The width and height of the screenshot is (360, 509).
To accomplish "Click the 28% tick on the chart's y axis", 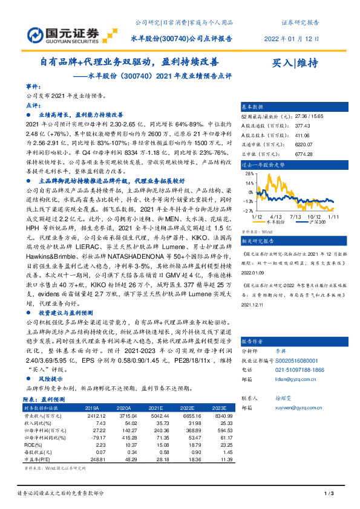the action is (x=248, y=172).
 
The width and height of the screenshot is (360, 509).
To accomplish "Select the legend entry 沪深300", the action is (x=310, y=222).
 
